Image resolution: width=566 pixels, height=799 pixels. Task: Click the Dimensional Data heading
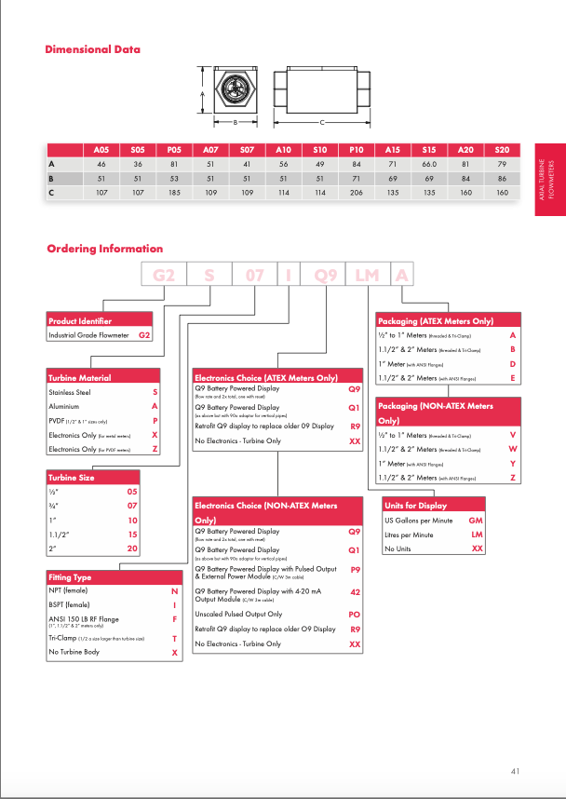[x=93, y=49]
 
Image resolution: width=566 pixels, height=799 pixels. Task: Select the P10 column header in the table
[x=356, y=149]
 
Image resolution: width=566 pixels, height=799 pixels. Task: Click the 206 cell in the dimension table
[x=356, y=193]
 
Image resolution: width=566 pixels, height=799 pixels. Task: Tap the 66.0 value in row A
[x=429, y=164]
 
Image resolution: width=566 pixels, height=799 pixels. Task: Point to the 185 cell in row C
[x=174, y=193]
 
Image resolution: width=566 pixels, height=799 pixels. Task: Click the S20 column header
[x=502, y=149]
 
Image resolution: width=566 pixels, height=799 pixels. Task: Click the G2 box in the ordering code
[x=164, y=276]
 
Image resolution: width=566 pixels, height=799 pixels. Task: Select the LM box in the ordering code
[x=367, y=276]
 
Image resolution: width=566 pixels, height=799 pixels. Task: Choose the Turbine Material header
[x=79, y=377]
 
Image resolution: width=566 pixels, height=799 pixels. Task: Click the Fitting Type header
[x=70, y=578]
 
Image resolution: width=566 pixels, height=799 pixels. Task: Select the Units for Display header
[x=414, y=506]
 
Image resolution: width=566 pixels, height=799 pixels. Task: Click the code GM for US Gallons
[x=476, y=521]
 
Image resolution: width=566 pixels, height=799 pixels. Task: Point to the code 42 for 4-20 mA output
[x=355, y=592]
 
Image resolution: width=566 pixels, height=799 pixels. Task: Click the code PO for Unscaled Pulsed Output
[x=355, y=615]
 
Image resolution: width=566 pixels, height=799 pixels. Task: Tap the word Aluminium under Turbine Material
[x=64, y=407]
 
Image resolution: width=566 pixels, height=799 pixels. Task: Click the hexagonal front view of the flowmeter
[x=233, y=94]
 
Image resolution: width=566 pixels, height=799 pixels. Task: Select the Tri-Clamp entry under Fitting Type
[x=62, y=638]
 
